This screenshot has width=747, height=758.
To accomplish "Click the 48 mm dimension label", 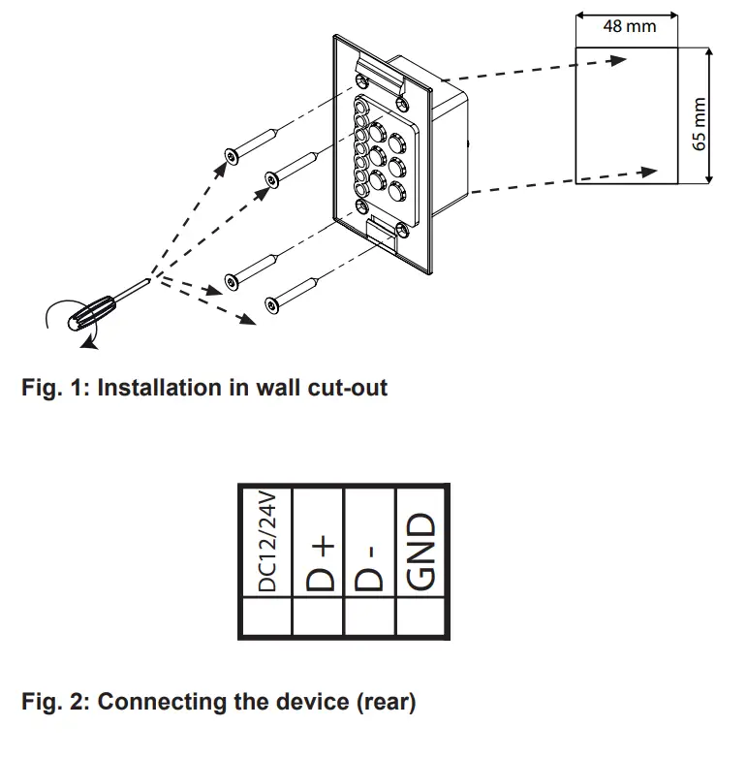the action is coord(629,26).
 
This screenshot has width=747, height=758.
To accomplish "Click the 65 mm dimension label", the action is coord(699,124).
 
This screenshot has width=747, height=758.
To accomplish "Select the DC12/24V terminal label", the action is coord(267,542).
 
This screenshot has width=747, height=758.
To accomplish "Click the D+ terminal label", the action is coord(320,563).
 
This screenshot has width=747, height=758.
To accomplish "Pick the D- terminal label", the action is coord(369,568).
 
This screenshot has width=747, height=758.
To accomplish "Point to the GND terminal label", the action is coord(420,552).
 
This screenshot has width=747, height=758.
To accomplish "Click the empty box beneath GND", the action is coord(420,616).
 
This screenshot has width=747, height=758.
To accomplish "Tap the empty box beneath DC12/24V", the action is coord(267,616).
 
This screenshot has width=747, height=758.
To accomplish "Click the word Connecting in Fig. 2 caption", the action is coord(162,703).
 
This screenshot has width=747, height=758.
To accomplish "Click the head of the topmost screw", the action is coord(232,157).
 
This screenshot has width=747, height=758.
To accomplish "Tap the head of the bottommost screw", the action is coord(272,305).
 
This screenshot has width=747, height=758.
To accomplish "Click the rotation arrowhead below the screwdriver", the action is coord(89,343).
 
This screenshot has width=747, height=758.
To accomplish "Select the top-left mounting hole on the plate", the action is coord(362,79).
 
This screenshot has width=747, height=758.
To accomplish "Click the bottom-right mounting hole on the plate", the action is coord(402,230).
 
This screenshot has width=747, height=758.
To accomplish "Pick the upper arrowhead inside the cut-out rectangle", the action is coord(618,60).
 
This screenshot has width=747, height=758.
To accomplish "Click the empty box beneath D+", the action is coord(318,616).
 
